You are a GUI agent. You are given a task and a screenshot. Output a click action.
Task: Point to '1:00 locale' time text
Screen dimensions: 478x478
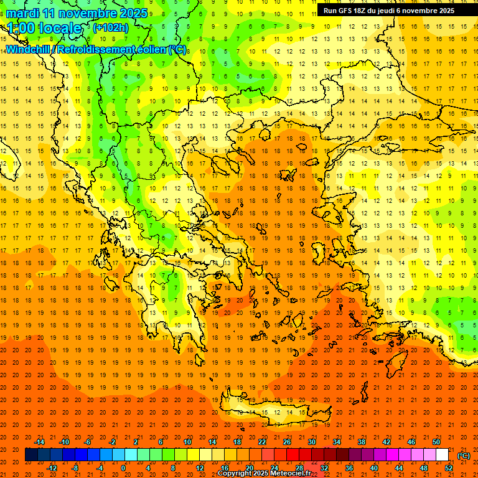(x=44, y=29)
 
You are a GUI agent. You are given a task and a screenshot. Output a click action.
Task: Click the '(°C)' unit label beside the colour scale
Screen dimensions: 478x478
(x=464, y=456)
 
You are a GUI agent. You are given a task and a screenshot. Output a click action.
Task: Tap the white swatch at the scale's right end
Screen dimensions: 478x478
(x=443, y=455)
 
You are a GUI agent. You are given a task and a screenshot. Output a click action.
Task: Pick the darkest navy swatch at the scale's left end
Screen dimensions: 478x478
(x=31, y=455)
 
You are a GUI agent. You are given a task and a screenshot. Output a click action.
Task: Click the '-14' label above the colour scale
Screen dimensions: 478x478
(x=40, y=442)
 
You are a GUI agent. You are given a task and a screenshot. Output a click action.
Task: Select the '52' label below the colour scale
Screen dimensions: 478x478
(x=449, y=468)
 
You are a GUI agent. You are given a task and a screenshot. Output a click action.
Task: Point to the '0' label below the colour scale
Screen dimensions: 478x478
(x=123, y=468)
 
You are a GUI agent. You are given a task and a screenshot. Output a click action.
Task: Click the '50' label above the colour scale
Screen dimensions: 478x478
(x=436, y=442)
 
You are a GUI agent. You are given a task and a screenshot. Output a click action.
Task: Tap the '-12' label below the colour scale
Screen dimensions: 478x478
(x=52, y=468)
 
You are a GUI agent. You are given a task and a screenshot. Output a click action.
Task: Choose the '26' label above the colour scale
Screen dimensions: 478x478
(x=287, y=442)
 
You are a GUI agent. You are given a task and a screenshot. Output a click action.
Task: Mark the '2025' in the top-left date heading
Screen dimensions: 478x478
(x=134, y=13)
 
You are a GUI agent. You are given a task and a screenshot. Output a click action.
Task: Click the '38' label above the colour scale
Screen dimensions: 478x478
(x=362, y=442)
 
